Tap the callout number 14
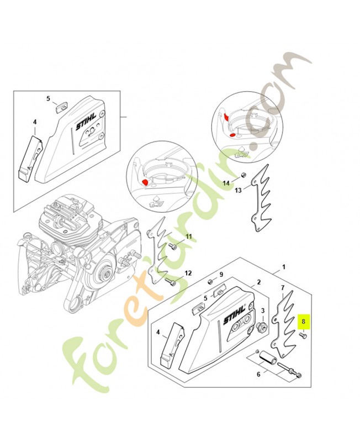226,182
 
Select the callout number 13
239,191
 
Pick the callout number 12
188,273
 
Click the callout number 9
221,274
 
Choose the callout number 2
257,282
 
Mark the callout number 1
284,267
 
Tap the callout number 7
282,288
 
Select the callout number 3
263,311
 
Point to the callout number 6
258,374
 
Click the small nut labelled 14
242,176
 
